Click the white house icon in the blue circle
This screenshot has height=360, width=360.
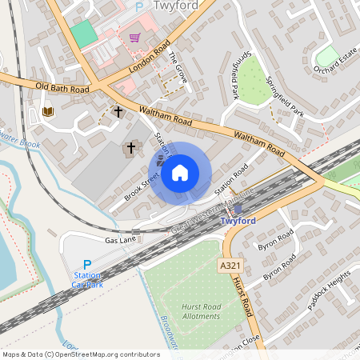(x=180, y=172)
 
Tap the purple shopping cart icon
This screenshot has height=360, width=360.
(x=134, y=38)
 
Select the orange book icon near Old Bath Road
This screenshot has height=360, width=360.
(x=48, y=111)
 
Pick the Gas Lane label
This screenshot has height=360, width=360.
(x=116, y=240)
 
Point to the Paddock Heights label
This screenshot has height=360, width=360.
(x=329, y=286)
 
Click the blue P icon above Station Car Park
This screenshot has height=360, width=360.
(x=87, y=265)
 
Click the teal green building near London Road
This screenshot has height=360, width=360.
(x=82, y=34)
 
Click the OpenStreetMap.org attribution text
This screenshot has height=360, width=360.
(x=103, y=354)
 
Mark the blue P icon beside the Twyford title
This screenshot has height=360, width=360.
(x=138, y=6)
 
